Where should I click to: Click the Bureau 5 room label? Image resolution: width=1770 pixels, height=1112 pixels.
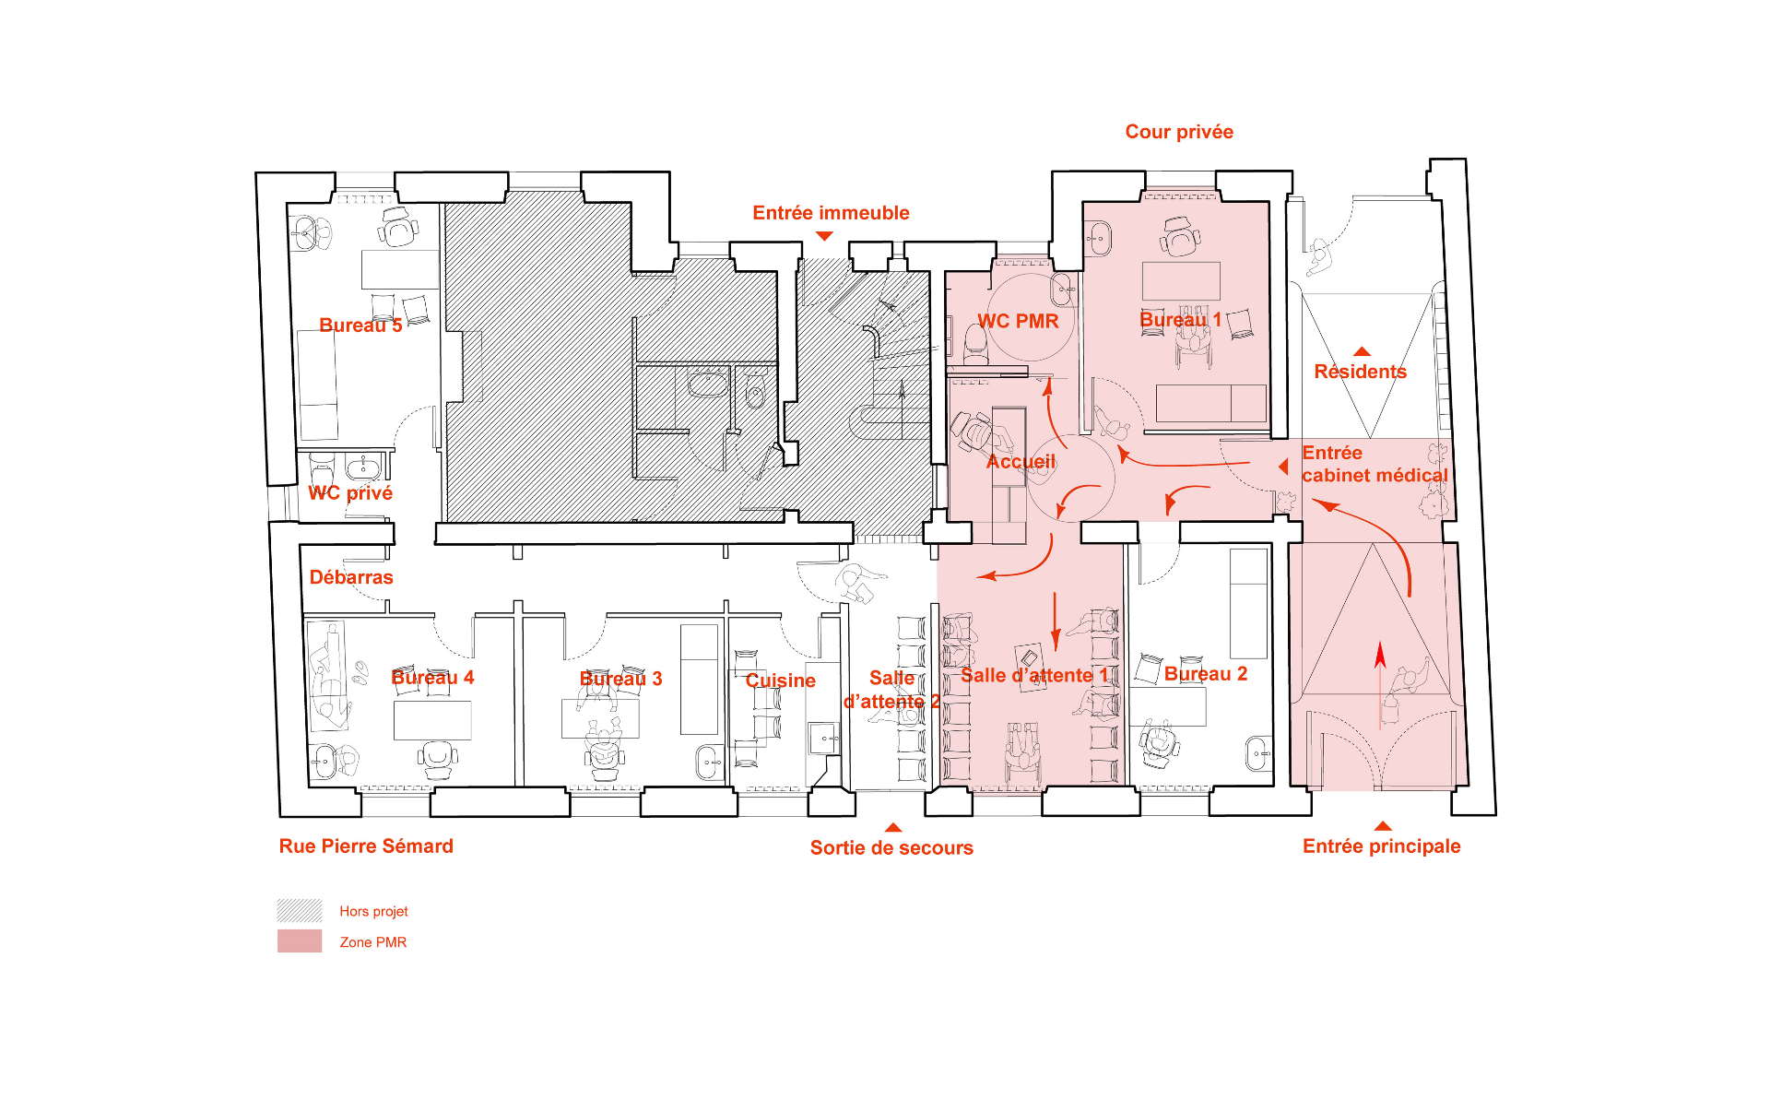coord(360,325)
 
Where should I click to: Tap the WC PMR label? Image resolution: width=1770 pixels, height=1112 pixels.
coord(1018,321)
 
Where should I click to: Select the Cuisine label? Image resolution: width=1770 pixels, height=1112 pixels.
coord(780,680)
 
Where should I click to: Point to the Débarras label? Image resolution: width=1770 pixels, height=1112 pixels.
coord(351,577)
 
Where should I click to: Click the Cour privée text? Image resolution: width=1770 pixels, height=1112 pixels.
coord(1179,132)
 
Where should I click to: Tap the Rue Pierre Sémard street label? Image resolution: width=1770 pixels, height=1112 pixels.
coord(366,846)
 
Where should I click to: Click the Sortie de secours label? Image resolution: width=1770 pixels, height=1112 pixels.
coord(891,848)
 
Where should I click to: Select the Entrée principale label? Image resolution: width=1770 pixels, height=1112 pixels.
coord(1381,846)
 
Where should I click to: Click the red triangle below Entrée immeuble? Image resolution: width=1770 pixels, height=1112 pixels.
coord(824,236)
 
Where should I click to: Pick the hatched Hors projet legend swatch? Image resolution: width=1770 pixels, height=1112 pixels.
coord(300,911)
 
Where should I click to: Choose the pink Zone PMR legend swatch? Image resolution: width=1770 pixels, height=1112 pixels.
coord(300,941)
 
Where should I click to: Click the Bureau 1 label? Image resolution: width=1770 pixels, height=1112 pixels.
coord(1180,320)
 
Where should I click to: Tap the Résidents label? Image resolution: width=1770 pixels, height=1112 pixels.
coord(1360,372)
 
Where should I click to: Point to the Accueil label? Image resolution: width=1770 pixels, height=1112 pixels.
coord(1021,461)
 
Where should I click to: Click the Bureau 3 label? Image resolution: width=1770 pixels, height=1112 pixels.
coord(620,679)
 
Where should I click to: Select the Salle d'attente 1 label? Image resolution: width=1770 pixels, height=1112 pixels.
coord(1034,675)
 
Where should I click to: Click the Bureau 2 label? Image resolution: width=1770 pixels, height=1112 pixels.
coord(1206,674)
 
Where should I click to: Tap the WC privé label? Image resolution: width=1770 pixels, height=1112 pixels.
coord(350,493)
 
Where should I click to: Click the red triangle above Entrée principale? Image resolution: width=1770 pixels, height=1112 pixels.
coord(1382,826)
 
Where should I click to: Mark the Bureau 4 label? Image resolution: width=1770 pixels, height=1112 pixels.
coord(432,678)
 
